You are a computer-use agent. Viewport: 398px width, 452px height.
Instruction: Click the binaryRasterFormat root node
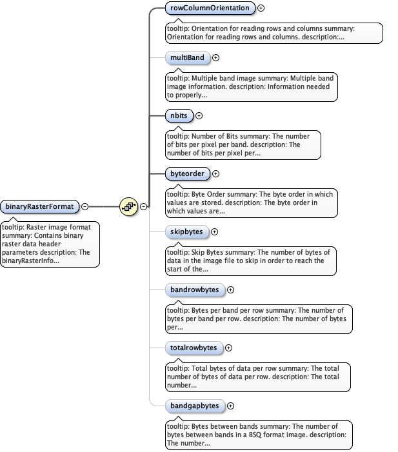[40, 206]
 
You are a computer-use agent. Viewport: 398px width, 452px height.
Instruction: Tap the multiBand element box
[187, 58]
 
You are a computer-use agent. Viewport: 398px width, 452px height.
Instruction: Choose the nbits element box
[179, 115]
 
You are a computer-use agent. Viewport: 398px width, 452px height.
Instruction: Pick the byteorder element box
[188, 173]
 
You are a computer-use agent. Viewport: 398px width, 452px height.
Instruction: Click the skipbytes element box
[187, 231]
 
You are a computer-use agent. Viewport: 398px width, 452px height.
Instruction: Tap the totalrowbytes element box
[194, 348]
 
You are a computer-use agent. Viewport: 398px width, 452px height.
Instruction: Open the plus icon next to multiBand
[216, 58]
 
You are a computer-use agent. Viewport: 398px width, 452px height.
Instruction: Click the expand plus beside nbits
[199, 116]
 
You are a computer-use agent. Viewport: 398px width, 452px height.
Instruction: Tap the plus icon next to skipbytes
[215, 232]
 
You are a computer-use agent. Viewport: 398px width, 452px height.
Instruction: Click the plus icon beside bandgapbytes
[231, 406]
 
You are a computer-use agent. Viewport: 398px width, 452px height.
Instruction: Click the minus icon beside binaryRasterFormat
[85, 207]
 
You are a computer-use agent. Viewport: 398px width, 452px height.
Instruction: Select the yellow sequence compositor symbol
[129, 207]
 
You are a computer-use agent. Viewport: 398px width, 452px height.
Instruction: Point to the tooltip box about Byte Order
[252, 202]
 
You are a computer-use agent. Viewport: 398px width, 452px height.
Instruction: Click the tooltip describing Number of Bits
[244, 144]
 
